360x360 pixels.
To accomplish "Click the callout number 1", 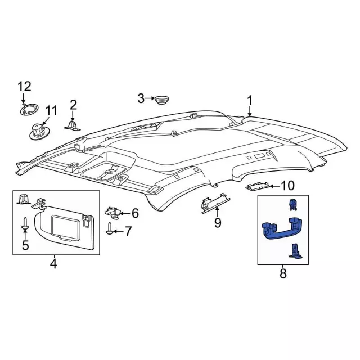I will pyautogui.click(x=250, y=101).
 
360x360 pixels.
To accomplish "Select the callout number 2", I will pyautogui.click(x=73, y=105).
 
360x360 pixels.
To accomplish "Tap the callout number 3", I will pyautogui.click(x=141, y=99).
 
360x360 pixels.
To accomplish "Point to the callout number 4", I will pyautogui.click(x=53, y=263).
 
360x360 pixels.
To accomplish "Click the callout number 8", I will pyautogui.click(x=283, y=274).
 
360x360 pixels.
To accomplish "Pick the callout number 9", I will pyautogui.click(x=217, y=223).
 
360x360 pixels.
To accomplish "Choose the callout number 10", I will pyautogui.click(x=287, y=185).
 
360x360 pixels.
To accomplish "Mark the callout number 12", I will pyautogui.click(x=24, y=86).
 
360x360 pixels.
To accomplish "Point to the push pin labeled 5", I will pyautogui.click(x=25, y=226).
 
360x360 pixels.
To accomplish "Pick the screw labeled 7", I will pyautogui.click(x=110, y=229).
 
